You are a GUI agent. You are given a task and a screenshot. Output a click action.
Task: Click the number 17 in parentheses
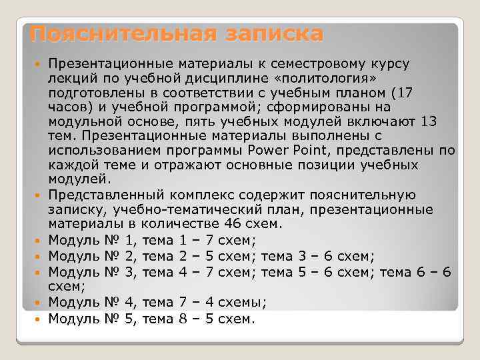[405, 92]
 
